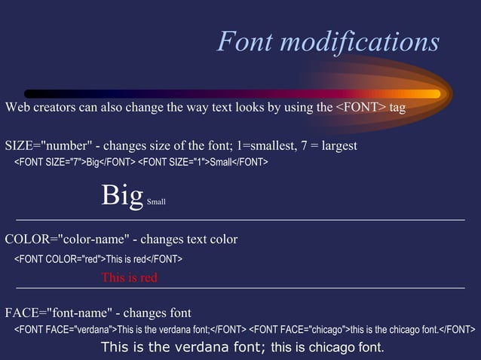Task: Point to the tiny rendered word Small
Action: [x=156, y=202]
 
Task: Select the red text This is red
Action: [x=130, y=278]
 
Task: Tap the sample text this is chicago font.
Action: [x=327, y=347]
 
